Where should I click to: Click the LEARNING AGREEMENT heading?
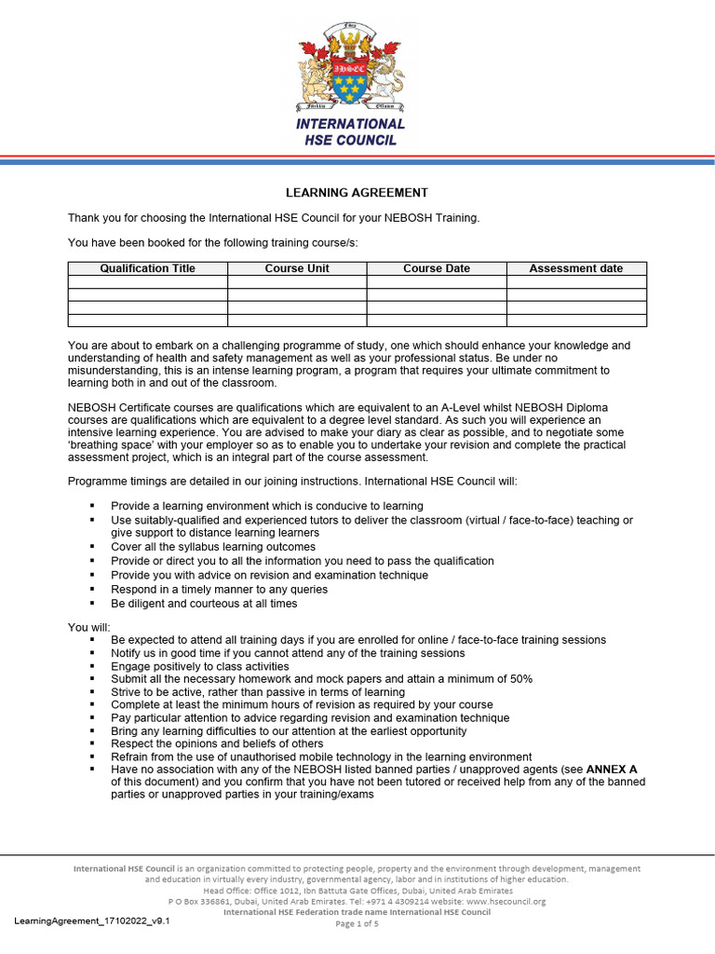click(357, 193)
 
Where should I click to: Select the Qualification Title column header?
click(148, 268)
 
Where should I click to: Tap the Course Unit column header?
click(297, 268)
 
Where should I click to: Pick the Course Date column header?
click(436, 268)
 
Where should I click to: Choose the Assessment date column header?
click(575, 268)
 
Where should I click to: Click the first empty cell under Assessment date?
click(575, 281)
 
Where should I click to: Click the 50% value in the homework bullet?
click(518, 679)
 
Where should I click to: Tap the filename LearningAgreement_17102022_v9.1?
click(92, 920)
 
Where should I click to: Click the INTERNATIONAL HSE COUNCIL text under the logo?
click(350, 131)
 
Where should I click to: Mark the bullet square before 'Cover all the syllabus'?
click(92, 548)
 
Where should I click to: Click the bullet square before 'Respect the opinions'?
click(92, 744)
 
